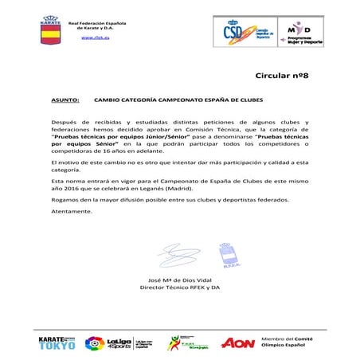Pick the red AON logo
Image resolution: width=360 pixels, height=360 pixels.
237,342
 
